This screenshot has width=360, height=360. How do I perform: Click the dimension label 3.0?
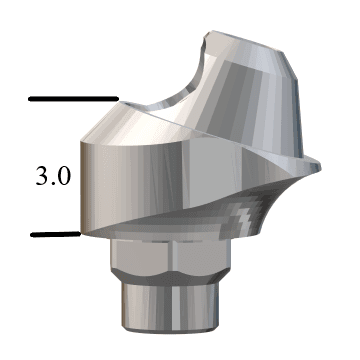pos(53,177)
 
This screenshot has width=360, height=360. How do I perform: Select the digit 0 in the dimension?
pos(64,177)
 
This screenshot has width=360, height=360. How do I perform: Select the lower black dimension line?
pos(55,234)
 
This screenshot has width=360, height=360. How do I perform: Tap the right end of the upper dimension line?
pos(117,99)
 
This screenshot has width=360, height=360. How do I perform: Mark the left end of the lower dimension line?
pos(33,234)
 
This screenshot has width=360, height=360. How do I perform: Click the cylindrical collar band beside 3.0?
pos(140,185)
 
